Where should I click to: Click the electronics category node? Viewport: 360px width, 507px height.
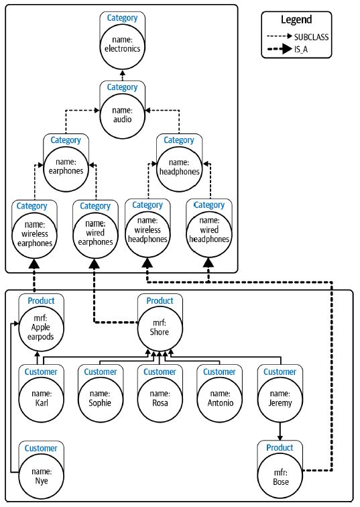[x=122, y=46]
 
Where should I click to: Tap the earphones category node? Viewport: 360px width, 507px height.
[x=66, y=169]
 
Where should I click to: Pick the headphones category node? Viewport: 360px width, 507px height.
[x=180, y=169]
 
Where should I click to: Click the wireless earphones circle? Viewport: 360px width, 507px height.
[x=35, y=235]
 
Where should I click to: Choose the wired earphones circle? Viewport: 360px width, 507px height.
[x=95, y=235]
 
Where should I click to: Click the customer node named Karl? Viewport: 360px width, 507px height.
[x=41, y=400]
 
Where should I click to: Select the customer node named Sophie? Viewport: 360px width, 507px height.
[x=101, y=400]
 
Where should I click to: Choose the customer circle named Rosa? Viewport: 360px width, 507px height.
[x=160, y=400]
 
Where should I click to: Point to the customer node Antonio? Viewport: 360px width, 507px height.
[x=219, y=400]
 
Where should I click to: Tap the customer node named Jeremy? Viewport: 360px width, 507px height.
[x=280, y=400]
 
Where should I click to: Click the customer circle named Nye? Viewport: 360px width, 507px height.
[x=41, y=476]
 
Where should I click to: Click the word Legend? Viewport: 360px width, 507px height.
[x=296, y=19]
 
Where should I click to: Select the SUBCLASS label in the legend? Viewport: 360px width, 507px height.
[x=311, y=37]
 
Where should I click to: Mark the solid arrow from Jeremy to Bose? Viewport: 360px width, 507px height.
[x=280, y=431]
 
